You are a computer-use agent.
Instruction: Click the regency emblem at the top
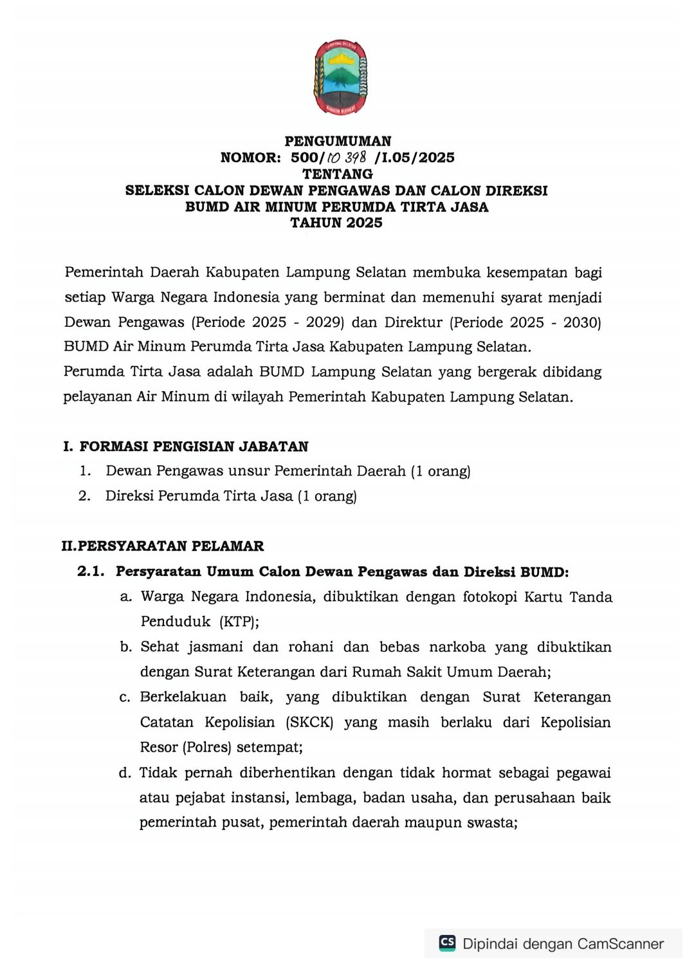coord(340,77)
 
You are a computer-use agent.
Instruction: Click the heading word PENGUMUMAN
coord(338,141)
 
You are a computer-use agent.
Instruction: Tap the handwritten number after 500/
coord(347,158)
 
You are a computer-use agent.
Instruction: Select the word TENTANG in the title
coord(338,174)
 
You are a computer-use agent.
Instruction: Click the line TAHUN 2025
coord(336,223)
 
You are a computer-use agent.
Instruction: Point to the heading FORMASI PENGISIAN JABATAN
coord(194,446)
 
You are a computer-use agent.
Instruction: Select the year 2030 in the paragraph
coord(581,322)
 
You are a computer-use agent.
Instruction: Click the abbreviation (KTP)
coord(239,622)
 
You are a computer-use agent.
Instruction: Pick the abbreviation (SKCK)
coord(309,722)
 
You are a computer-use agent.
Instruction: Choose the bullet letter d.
coord(125,772)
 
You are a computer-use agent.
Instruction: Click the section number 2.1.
coord(91,571)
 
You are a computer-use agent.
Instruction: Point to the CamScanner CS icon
coord(447,943)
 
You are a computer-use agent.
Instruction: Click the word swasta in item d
coord(494,822)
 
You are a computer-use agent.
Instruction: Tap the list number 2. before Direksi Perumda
coord(84,495)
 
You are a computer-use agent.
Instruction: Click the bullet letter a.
coord(126,596)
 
